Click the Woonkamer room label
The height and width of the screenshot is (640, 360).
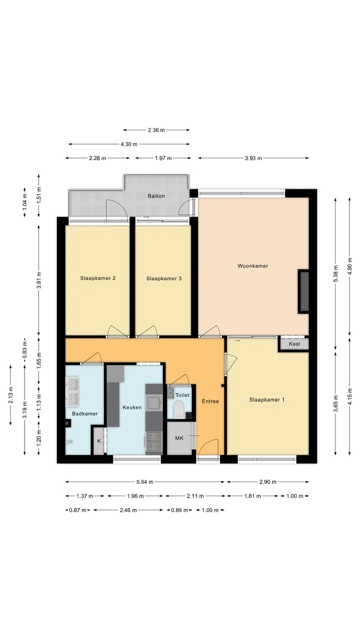[253, 266]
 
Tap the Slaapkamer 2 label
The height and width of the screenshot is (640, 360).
[97, 278]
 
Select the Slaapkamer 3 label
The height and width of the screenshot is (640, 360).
[163, 278]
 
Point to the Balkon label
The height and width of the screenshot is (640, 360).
[156, 196]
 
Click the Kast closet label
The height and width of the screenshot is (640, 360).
[294, 344]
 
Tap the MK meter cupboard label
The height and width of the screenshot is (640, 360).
[179, 438]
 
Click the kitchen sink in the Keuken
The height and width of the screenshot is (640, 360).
[153, 402]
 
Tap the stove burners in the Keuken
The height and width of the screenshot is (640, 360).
[153, 441]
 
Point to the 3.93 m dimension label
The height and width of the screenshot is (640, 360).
[253, 158]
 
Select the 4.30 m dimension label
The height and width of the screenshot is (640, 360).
[129, 144]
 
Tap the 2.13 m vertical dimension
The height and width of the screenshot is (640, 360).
[10, 395]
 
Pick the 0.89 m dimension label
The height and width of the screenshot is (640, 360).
[179, 510]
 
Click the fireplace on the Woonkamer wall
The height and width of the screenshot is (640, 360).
[303, 291]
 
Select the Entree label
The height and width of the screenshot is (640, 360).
[210, 401]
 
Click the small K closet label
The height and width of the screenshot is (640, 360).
[99, 441]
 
